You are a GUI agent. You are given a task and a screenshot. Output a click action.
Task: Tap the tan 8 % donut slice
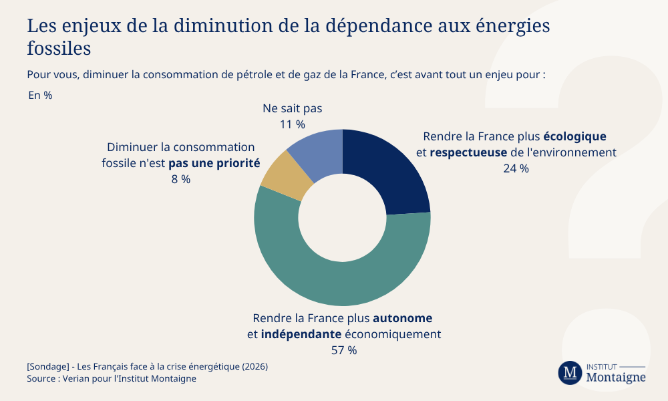283,175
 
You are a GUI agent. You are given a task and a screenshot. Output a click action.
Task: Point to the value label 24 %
516,168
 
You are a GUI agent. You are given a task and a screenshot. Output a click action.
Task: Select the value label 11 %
293,124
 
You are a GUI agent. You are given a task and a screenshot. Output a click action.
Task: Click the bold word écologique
574,136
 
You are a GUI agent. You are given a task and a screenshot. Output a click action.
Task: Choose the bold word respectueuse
468,152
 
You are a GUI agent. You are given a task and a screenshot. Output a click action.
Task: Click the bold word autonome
402,317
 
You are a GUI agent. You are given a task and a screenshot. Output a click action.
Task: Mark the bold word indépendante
301,333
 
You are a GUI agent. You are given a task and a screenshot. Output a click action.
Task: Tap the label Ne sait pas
293,108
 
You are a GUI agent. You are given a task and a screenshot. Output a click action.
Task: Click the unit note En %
40,95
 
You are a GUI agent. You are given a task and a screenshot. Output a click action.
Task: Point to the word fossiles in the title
59,49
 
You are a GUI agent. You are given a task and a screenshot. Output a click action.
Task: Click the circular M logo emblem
570,372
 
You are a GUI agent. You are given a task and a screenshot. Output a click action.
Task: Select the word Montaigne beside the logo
616,378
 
